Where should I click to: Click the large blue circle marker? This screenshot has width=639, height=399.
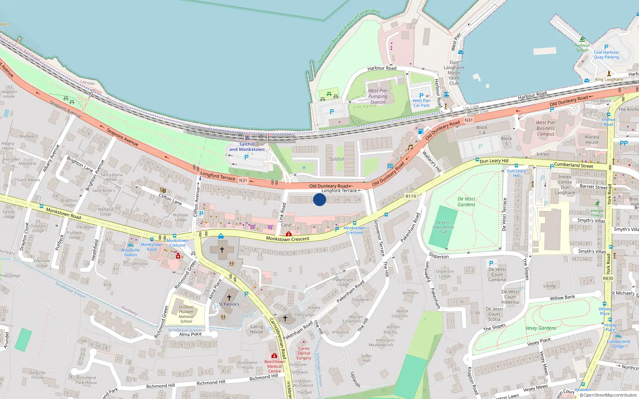pyautogui.click(x=319, y=199)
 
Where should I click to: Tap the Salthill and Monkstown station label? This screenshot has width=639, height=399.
pyautogui.click(x=247, y=147)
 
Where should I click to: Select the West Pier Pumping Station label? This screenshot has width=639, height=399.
pyautogui.click(x=378, y=96)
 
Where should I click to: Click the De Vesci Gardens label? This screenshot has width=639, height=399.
pyautogui.click(x=466, y=201)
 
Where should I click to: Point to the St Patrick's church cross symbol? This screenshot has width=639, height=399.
pyautogui.click(x=229, y=297)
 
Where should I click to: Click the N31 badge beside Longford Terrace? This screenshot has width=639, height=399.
pyautogui.click(x=243, y=180)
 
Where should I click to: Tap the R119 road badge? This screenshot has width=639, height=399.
pyautogui.click(x=411, y=196)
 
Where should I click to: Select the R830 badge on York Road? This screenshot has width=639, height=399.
pyautogui.click(x=608, y=279)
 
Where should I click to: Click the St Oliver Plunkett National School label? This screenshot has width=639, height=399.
pyautogui.click(x=186, y=314)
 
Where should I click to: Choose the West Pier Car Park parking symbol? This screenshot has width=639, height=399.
pyautogui.click(x=421, y=96)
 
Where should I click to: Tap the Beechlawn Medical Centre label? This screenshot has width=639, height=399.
pyautogui.click(x=274, y=366)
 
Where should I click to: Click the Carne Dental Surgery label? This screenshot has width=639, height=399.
pyautogui.click(x=304, y=353)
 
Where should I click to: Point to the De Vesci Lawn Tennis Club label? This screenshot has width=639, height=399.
pyautogui.click(x=443, y=227)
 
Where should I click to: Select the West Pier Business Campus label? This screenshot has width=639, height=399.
pyautogui.click(x=546, y=128)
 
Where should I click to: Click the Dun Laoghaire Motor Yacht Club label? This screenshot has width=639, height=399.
pyautogui.click(x=454, y=73)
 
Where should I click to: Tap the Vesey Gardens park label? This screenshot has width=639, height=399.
pyautogui.click(x=541, y=328)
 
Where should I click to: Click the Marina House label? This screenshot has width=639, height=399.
pyautogui.click(x=592, y=139)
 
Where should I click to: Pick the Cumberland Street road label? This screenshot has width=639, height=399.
pyautogui.click(x=573, y=165)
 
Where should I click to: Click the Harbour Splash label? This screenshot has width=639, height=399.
pyautogui.click(x=582, y=47)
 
